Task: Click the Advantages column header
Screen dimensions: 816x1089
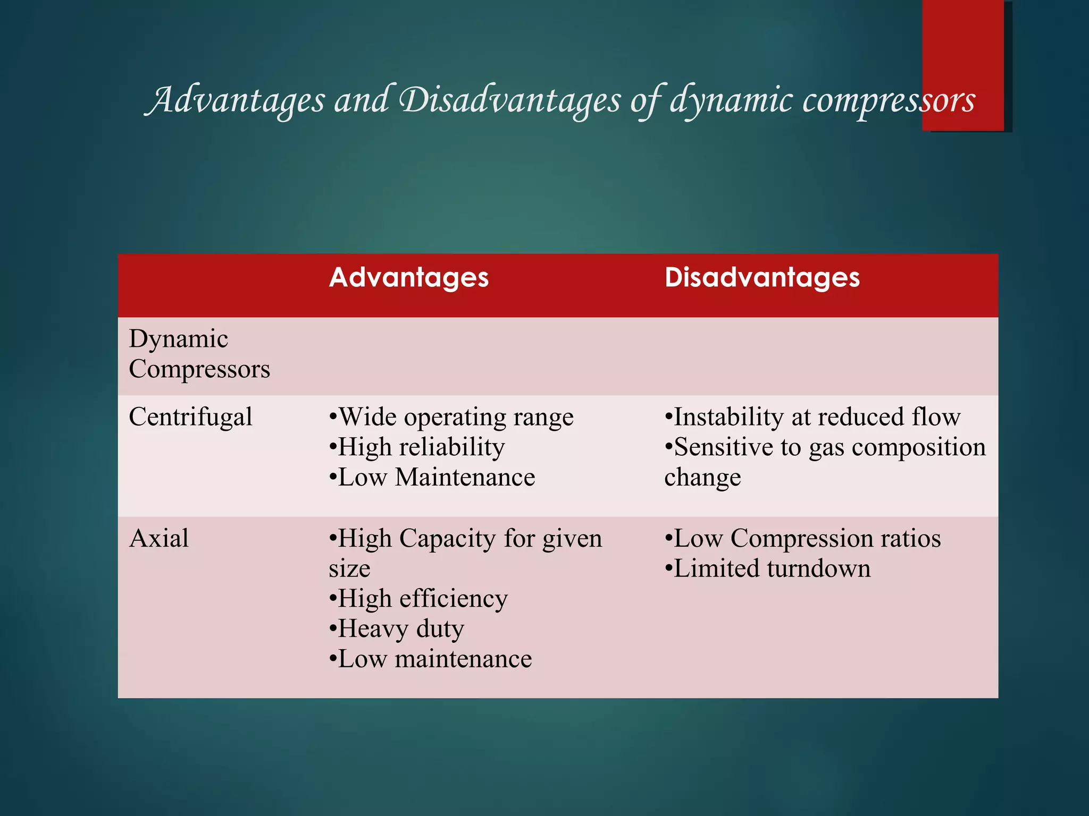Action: (408, 278)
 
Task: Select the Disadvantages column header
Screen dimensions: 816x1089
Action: (761, 278)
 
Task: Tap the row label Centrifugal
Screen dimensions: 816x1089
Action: (190, 417)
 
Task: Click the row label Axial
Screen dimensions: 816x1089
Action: (158, 539)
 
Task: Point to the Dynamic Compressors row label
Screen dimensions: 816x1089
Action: (199, 354)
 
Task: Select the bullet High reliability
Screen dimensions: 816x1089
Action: (416, 447)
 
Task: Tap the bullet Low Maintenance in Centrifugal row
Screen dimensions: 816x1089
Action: (432, 478)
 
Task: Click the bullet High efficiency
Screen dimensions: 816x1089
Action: (418, 599)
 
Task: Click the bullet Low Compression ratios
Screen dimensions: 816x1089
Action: (802, 539)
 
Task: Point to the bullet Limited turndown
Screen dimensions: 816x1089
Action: (767, 569)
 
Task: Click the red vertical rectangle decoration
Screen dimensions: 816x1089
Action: (962, 42)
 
